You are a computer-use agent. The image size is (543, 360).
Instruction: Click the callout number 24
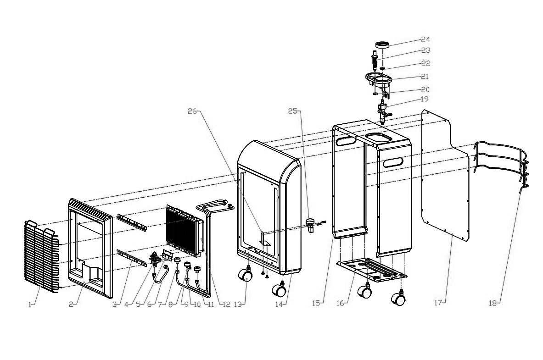pyautogui.click(x=425, y=39)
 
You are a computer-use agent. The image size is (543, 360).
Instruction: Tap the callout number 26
pyautogui.click(x=192, y=111)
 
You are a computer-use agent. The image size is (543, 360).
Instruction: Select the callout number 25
pyautogui.click(x=293, y=111)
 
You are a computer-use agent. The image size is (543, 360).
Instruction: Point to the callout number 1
pyautogui.click(x=30, y=305)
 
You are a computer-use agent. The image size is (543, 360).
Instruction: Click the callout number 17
pyautogui.click(x=438, y=303)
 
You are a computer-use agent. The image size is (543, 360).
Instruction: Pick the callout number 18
pyautogui.click(x=493, y=303)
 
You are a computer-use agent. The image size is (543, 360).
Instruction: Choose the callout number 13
pyautogui.click(x=238, y=304)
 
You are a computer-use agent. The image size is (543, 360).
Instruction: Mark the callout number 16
pyautogui.click(x=340, y=303)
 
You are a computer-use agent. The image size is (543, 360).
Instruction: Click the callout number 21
pyautogui.click(x=425, y=76)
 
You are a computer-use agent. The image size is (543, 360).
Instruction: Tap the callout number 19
pyautogui.click(x=424, y=99)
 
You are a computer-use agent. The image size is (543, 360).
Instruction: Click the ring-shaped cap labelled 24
pyautogui.click(x=383, y=44)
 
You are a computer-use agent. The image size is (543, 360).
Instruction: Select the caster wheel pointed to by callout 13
pyautogui.click(x=245, y=276)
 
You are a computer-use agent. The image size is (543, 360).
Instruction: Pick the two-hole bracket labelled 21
pyautogui.click(x=379, y=79)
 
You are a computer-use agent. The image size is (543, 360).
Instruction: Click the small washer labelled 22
pyautogui.click(x=382, y=68)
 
